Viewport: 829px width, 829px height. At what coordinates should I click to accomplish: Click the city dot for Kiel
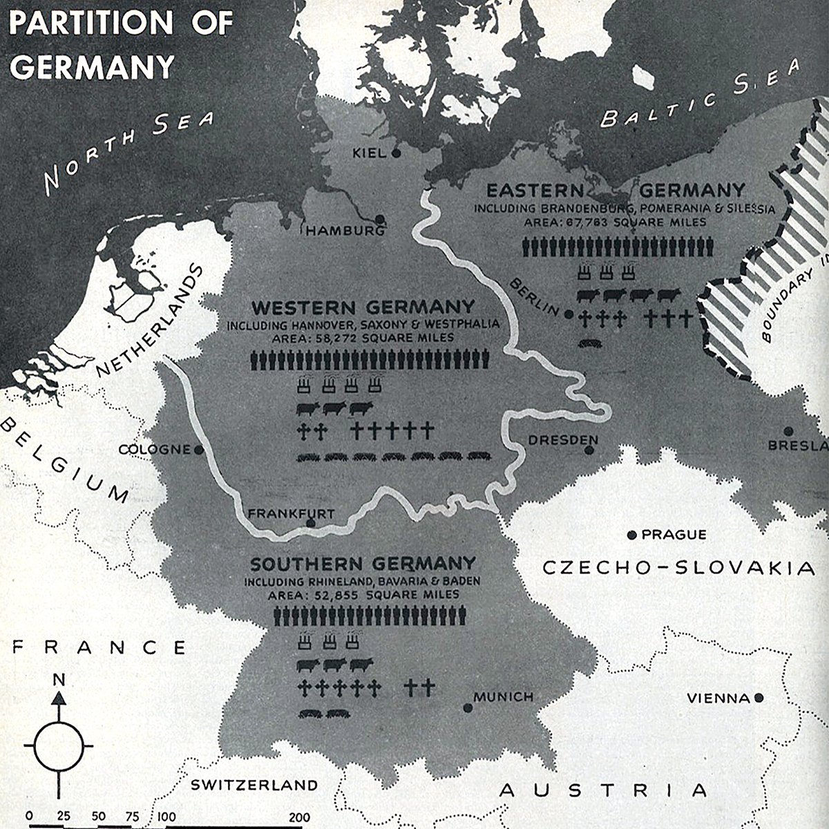point(396,153)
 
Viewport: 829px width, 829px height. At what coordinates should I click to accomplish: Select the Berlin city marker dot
point(568,314)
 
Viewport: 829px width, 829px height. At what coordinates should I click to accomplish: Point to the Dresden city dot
point(589,450)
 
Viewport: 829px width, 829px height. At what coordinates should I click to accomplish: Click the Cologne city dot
point(199,450)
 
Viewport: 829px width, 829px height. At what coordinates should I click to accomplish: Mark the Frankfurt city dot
point(311,524)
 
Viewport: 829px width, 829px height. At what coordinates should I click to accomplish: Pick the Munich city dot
point(468,707)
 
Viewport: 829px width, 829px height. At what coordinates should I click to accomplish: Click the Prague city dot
point(631,535)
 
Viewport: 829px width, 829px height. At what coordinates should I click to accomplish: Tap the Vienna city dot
point(759,698)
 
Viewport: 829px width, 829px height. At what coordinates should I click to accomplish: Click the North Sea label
point(128,152)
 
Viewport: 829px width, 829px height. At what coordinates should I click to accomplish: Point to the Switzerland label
point(254,785)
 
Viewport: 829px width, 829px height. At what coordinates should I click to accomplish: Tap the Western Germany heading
point(363,306)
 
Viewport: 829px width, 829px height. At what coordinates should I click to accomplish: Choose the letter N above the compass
point(59,680)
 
